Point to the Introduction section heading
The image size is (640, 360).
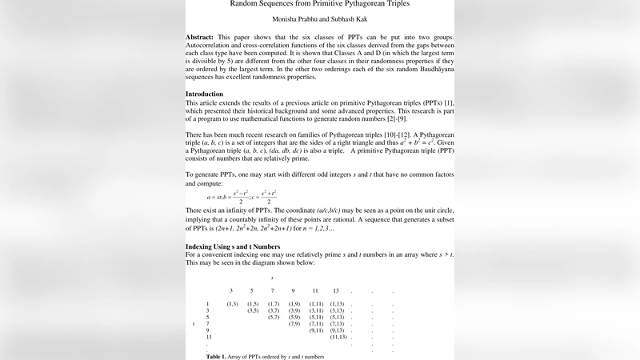[204, 94]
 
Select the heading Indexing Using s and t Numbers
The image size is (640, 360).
[233, 246]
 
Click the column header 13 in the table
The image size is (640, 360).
[336, 290]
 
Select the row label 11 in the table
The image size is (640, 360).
[208, 337]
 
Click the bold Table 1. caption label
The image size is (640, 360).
[216, 356]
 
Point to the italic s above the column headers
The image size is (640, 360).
[272, 278]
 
